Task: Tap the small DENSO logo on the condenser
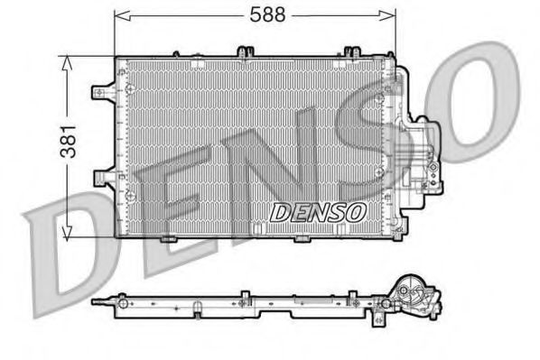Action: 316,212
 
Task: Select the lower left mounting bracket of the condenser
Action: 103,173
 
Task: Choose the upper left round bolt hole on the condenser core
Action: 130,88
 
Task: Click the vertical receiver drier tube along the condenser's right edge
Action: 392,144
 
